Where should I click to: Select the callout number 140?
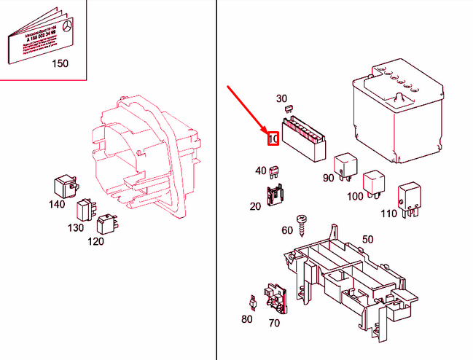pos(57,204)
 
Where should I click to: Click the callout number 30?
pos(281,98)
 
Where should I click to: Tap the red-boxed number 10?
pos(273,138)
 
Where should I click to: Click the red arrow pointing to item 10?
pos(248,109)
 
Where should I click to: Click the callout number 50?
pos(367,239)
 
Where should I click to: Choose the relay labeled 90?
pos(343,166)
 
